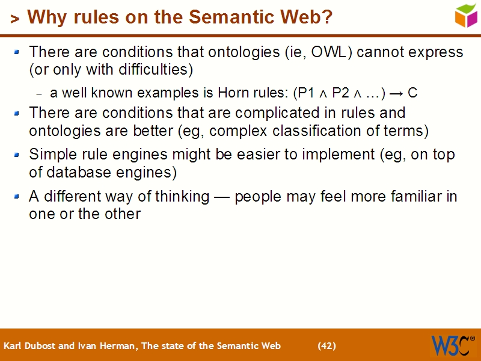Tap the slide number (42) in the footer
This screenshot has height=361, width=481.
point(326,346)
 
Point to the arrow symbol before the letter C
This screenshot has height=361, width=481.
point(396,93)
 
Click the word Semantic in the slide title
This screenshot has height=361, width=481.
point(227,17)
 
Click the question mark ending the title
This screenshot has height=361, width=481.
point(327,17)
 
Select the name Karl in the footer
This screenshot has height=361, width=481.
point(13,346)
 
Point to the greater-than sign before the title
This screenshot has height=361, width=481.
point(14,19)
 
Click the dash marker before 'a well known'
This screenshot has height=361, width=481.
point(39,94)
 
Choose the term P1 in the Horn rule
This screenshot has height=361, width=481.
point(304,93)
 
